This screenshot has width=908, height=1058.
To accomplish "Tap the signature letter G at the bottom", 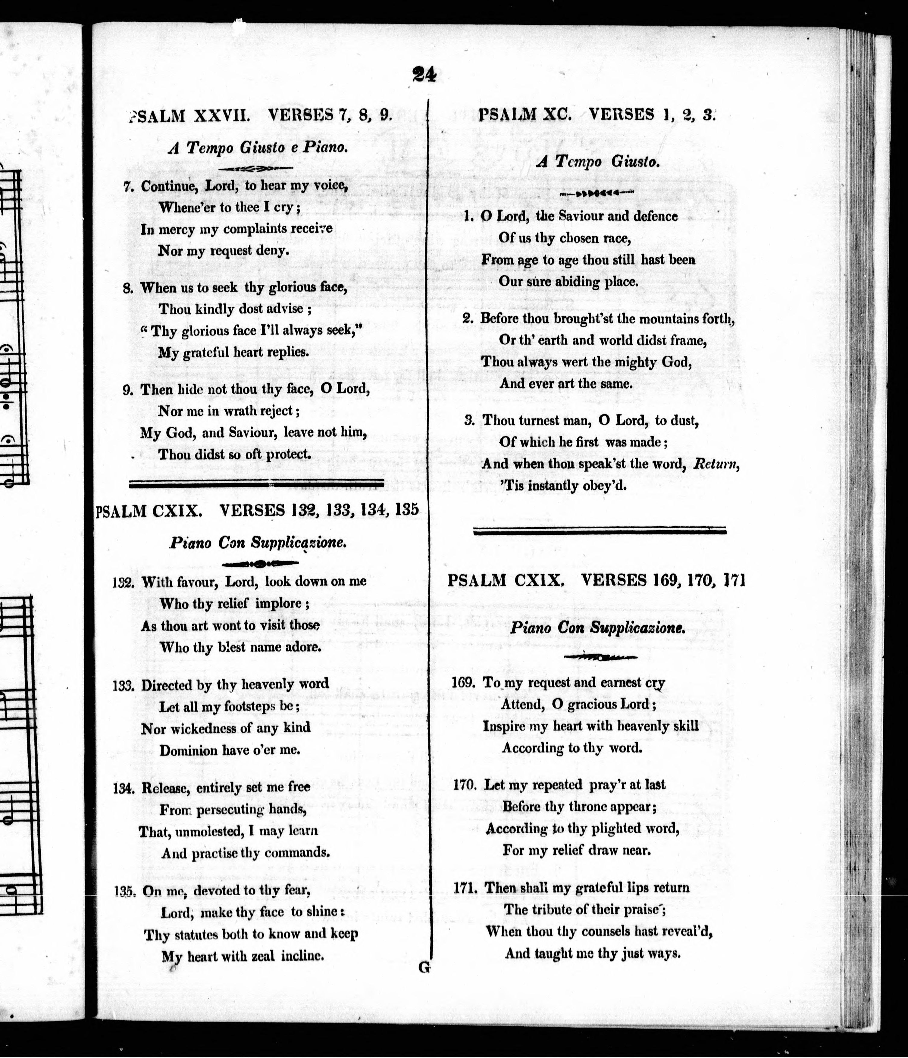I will click(423, 967).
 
